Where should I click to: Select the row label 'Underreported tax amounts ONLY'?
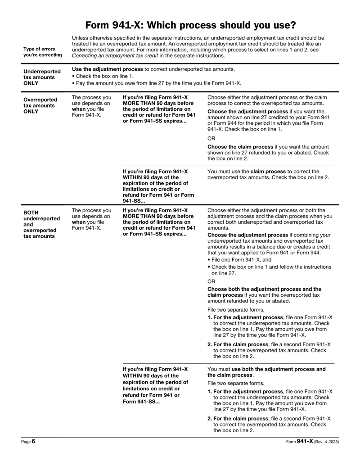41,77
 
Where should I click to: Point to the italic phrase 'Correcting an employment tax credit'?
112,56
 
